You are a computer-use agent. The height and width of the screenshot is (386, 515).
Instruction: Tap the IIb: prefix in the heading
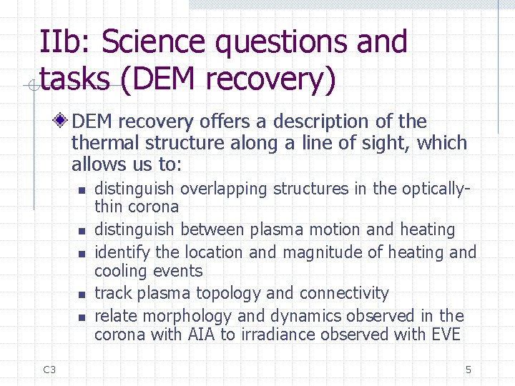[66, 43]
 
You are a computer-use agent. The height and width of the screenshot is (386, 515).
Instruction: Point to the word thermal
[104, 143]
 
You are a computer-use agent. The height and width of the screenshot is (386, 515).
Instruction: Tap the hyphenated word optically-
[436, 189]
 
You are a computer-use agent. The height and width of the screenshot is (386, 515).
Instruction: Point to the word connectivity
[344, 294]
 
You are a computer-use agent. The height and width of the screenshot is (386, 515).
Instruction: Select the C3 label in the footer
[49, 370]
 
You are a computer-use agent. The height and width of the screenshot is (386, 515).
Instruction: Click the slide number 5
[468, 370]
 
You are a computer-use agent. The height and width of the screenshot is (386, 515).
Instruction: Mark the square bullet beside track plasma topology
[82, 294]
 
